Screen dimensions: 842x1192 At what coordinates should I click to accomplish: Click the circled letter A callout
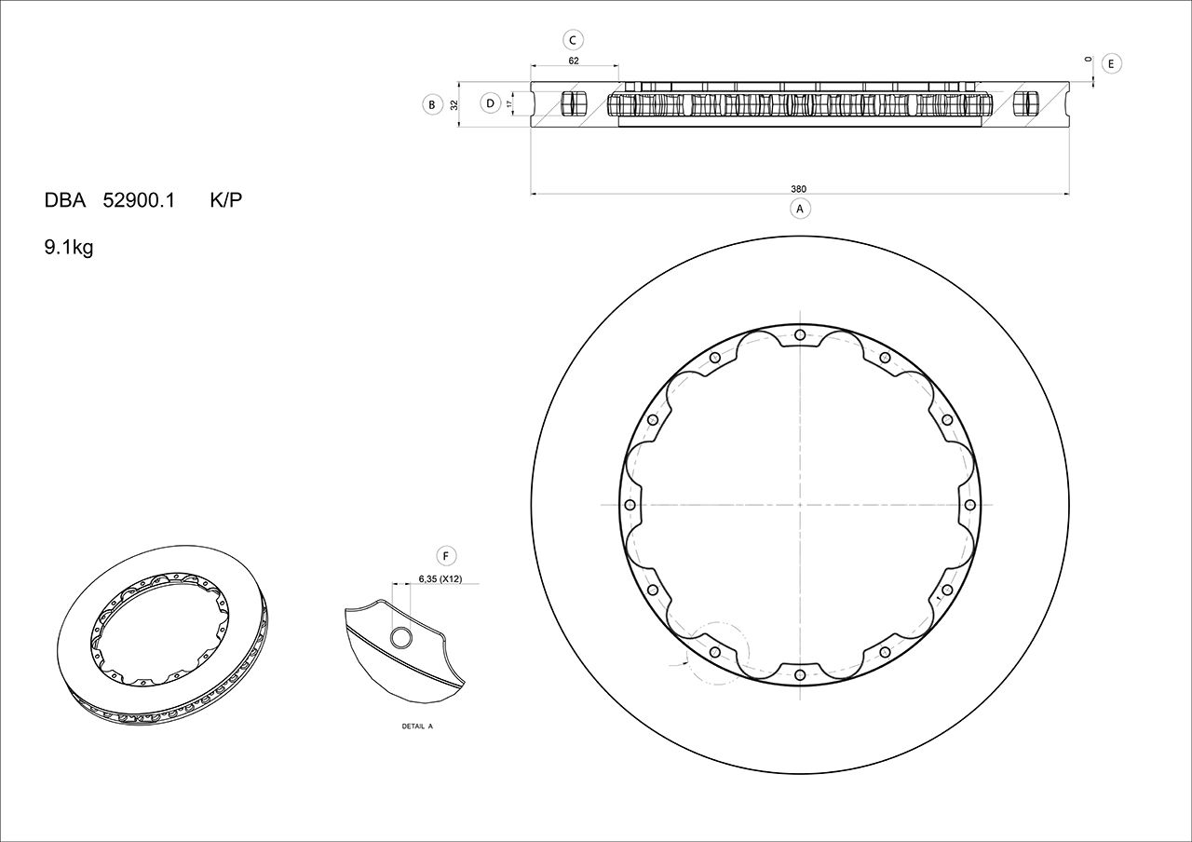799,209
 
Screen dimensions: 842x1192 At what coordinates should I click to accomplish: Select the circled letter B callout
431,104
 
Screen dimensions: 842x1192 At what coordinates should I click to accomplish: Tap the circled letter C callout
574,39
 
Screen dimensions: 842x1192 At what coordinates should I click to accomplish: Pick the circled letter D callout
490,103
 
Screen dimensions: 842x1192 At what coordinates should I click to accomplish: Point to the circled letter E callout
1111,63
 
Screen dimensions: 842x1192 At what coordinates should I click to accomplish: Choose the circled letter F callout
446,557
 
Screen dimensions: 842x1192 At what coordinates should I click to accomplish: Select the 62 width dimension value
574,61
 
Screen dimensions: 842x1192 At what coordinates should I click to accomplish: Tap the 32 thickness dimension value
454,104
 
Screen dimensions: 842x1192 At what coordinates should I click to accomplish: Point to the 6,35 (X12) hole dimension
441,578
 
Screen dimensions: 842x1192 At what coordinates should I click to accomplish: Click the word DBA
65,200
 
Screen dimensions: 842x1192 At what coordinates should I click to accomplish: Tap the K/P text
225,200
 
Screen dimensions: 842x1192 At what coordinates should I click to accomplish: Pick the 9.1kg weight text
69,249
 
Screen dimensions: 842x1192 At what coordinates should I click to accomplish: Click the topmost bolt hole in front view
800,336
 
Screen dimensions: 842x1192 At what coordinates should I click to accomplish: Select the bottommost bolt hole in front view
800,674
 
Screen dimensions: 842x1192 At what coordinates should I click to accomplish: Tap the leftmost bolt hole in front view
630,505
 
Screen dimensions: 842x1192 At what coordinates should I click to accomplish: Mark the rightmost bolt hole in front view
969,505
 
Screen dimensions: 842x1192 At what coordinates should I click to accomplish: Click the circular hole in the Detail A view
401,637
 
